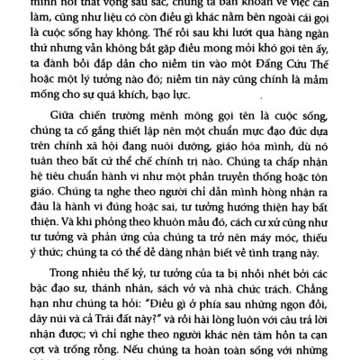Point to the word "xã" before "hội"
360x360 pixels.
(x=115, y=163)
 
